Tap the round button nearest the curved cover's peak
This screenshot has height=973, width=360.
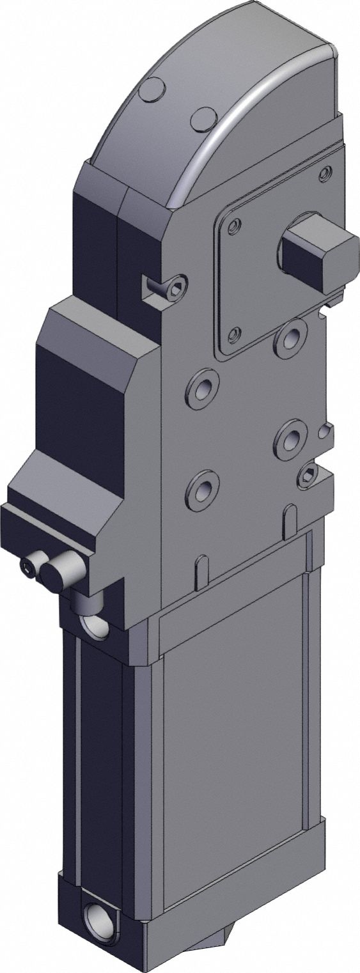(152, 90)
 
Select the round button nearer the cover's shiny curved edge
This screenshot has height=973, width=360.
(204, 120)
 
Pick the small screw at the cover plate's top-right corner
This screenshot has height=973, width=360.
(325, 172)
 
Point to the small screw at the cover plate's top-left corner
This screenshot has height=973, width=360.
(235, 224)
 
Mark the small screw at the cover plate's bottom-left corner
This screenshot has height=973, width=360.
(235, 333)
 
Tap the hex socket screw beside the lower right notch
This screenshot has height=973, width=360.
(308, 474)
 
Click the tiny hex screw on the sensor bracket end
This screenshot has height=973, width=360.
(28, 566)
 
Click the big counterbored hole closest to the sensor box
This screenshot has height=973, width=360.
(203, 388)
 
